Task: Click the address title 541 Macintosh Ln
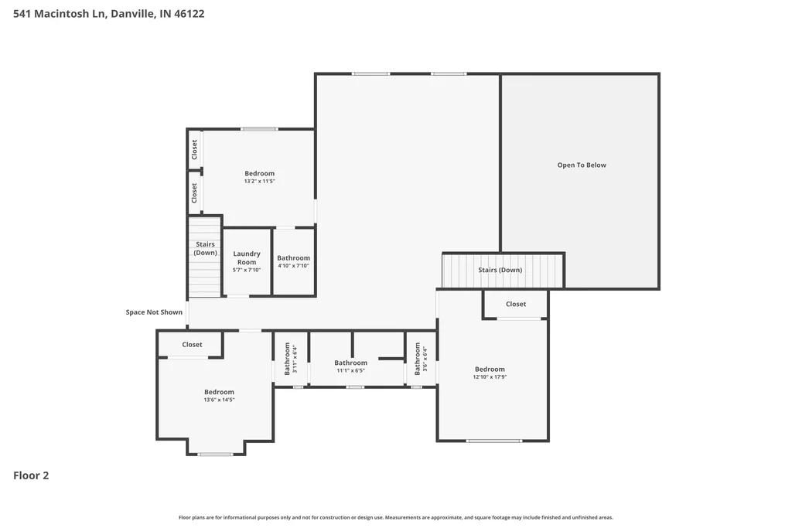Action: point(59,14)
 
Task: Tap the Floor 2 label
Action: point(31,475)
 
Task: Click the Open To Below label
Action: point(582,165)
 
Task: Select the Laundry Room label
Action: point(247,258)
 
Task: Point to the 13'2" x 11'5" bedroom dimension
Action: point(260,181)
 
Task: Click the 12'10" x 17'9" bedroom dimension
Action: point(490,376)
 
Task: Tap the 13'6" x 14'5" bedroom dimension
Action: point(219,400)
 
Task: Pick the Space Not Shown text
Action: point(154,312)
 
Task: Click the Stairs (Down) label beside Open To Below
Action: point(500,270)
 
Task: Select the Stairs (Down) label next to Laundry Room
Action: point(206,248)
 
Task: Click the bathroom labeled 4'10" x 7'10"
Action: point(293,261)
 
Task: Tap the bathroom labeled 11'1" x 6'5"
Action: point(350,366)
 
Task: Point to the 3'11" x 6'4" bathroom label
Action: point(291,359)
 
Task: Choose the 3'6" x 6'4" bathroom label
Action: point(421,359)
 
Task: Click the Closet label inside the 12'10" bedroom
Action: point(516,305)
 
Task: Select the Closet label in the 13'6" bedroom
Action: point(192,345)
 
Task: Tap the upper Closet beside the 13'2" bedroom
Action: point(194,150)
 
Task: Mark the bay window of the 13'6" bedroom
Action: point(215,455)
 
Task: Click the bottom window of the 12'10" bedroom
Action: point(494,441)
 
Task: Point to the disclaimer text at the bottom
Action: point(396,517)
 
